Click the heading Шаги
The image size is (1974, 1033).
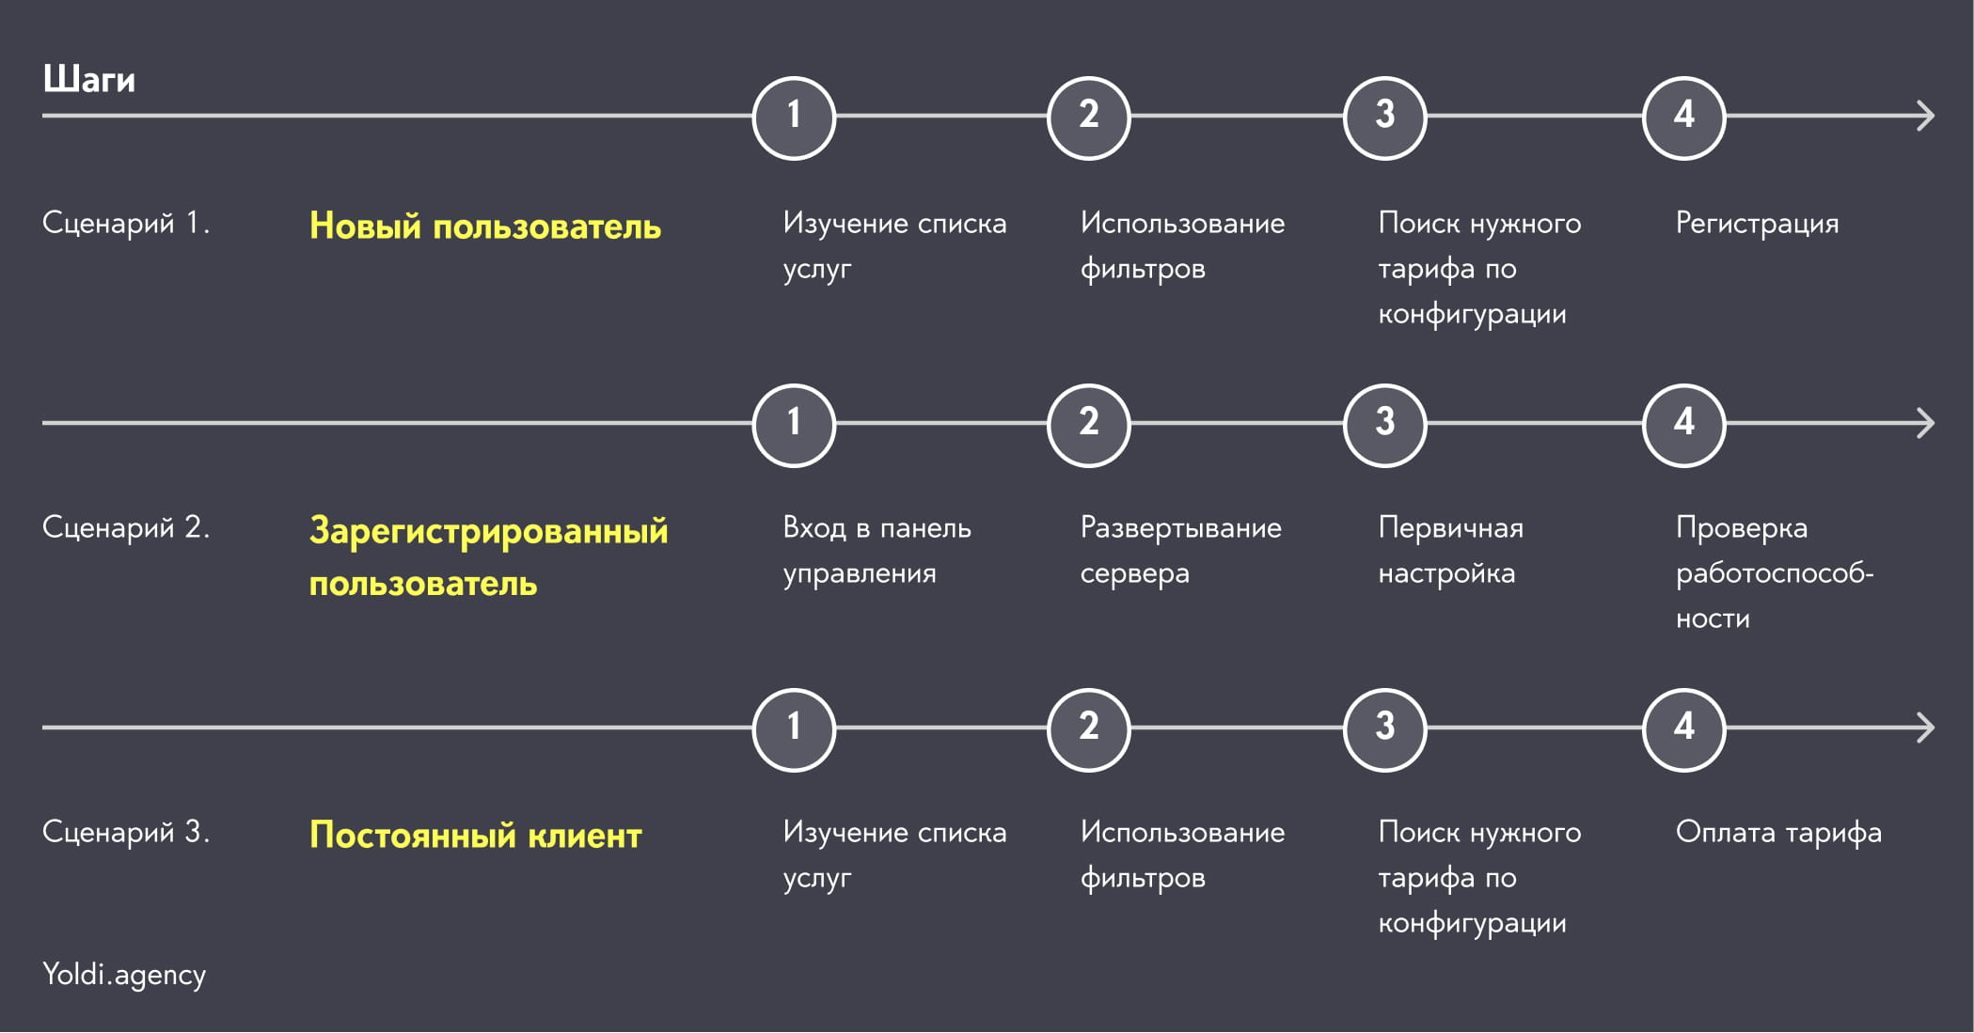[89, 80]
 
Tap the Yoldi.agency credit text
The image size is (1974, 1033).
[124, 975]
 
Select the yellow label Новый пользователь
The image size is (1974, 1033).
[485, 227]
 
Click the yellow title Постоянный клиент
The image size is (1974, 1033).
[476, 835]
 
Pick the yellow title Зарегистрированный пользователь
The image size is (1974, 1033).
[489, 556]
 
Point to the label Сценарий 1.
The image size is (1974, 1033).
[126, 223]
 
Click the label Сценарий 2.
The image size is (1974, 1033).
[126, 527]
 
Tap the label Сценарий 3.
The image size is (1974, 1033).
[126, 832]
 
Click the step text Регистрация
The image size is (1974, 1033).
[1757, 224]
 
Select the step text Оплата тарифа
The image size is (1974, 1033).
[1778, 833]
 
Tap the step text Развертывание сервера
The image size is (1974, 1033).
[1180, 550]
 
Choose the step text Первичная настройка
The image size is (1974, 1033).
[1450, 550]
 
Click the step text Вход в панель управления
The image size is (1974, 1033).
[876, 550]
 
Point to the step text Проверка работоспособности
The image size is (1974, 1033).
[1774, 572]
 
